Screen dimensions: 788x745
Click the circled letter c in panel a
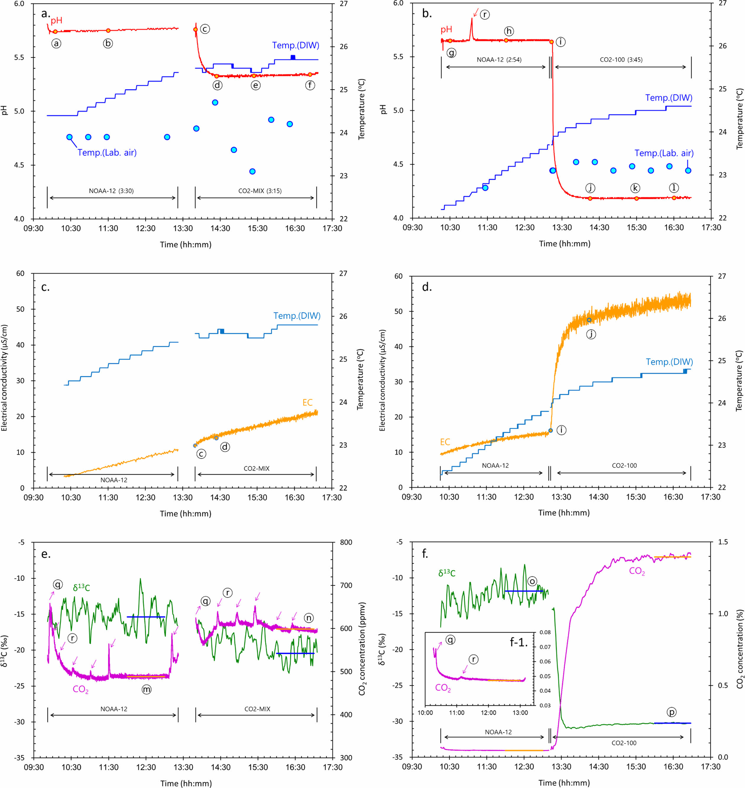click(205, 29)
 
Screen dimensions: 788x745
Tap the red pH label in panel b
click(446, 29)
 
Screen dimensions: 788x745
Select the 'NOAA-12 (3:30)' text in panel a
click(111, 191)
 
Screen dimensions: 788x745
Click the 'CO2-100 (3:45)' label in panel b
click(621, 60)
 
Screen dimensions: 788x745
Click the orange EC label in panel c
click(307, 403)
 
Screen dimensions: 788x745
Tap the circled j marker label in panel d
click(591, 334)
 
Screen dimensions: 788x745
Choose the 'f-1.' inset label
click(519, 642)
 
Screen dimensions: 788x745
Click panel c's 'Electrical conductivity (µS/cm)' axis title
click(4, 378)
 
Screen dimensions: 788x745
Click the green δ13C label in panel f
click(447, 573)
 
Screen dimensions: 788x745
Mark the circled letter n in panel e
click(309, 618)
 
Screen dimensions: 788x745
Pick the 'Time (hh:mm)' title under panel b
click(564, 244)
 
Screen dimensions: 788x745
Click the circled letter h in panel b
click(509, 31)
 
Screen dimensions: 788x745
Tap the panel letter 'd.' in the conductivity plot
click(427, 287)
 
